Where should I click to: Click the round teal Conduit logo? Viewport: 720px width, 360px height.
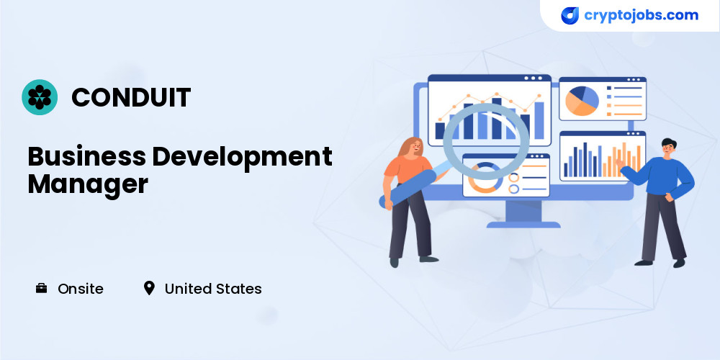point(40,97)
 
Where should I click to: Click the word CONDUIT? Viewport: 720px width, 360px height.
point(131,97)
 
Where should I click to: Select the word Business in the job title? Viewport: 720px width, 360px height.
point(86,156)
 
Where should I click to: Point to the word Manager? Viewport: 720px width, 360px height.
point(88,185)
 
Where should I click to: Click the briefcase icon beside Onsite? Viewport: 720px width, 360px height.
point(41,289)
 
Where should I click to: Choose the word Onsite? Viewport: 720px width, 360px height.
point(81,289)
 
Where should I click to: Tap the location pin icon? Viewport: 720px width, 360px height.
point(149,289)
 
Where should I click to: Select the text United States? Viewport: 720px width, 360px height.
point(213,289)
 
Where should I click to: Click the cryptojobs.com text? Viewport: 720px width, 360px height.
point(641,15)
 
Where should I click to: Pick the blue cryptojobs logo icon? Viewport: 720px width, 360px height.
point(570,16)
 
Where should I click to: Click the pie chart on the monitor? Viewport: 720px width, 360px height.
point(582,101)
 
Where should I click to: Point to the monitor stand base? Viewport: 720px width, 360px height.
point(523,225)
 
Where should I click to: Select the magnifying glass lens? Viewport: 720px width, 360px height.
point(486,141)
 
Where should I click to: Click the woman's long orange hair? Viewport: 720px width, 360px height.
point(407,148)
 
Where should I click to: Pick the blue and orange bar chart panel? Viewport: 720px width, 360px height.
point(603,156)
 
